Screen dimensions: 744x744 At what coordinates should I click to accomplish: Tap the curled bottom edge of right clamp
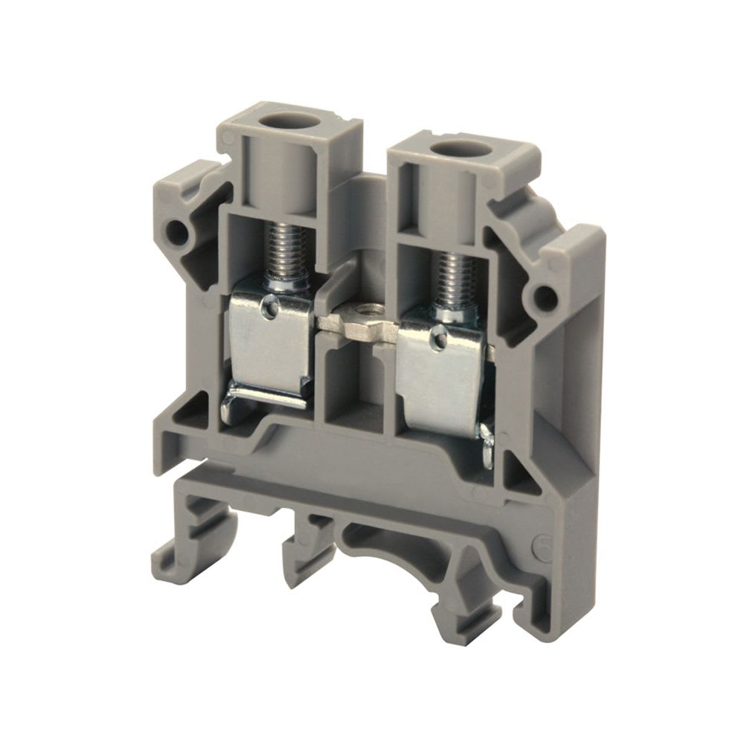point(487,446)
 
